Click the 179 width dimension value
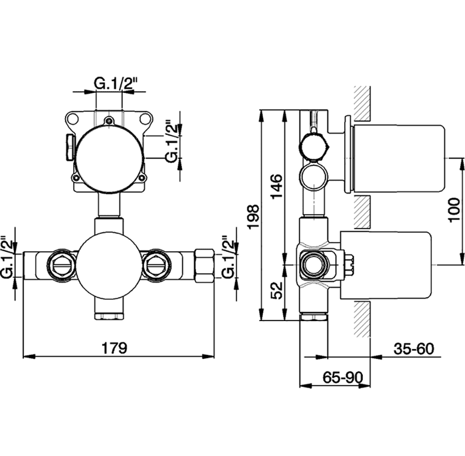114,348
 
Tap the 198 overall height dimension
254,217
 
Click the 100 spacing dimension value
454,210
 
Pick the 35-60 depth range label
414,348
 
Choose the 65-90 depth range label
343,378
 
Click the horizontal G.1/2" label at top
115,84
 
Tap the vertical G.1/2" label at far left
7,257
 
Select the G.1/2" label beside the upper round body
172,141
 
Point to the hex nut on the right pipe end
205,265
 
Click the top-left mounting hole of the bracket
72,119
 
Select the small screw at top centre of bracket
110,121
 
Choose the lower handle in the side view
385,265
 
